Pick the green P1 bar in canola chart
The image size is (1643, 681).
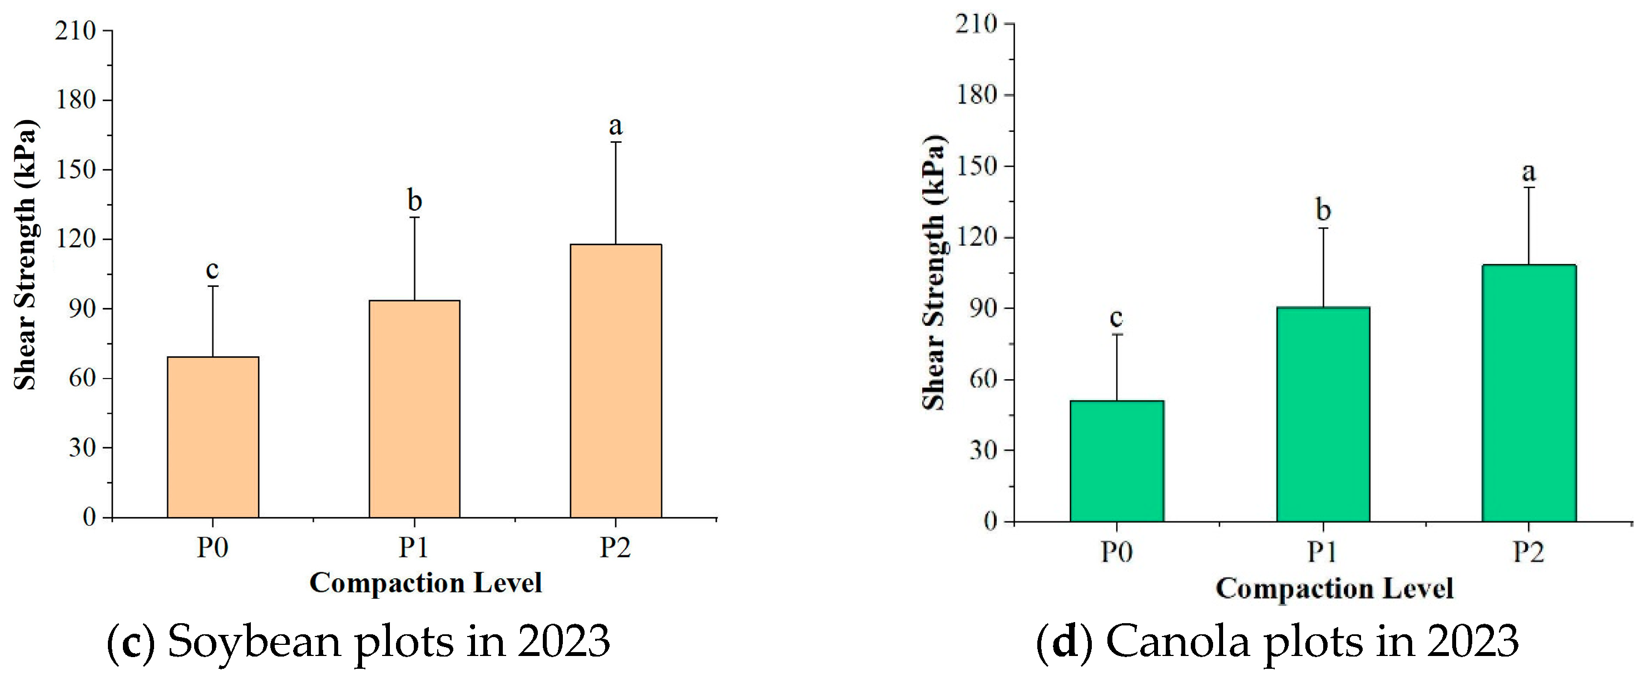[x=1323, y=415]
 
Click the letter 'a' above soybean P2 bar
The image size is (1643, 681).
[x=616, y=126]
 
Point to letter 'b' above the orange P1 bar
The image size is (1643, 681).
[x=414, y=201]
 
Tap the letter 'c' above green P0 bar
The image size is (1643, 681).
[x=1116, y=317]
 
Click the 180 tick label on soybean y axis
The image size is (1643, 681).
[x=76, y=100]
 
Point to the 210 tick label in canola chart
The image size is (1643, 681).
[x=976, y=24]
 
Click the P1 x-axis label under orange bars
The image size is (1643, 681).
[x=414, y=548]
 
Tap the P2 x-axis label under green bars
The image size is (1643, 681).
[x=1529, y=552]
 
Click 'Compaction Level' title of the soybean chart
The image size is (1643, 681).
[x=425, y=583]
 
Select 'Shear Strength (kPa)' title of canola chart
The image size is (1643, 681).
[x=934, y=272]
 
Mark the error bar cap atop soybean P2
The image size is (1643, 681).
[x=616, y=142]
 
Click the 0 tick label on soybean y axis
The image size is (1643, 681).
[x=90, y=517]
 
